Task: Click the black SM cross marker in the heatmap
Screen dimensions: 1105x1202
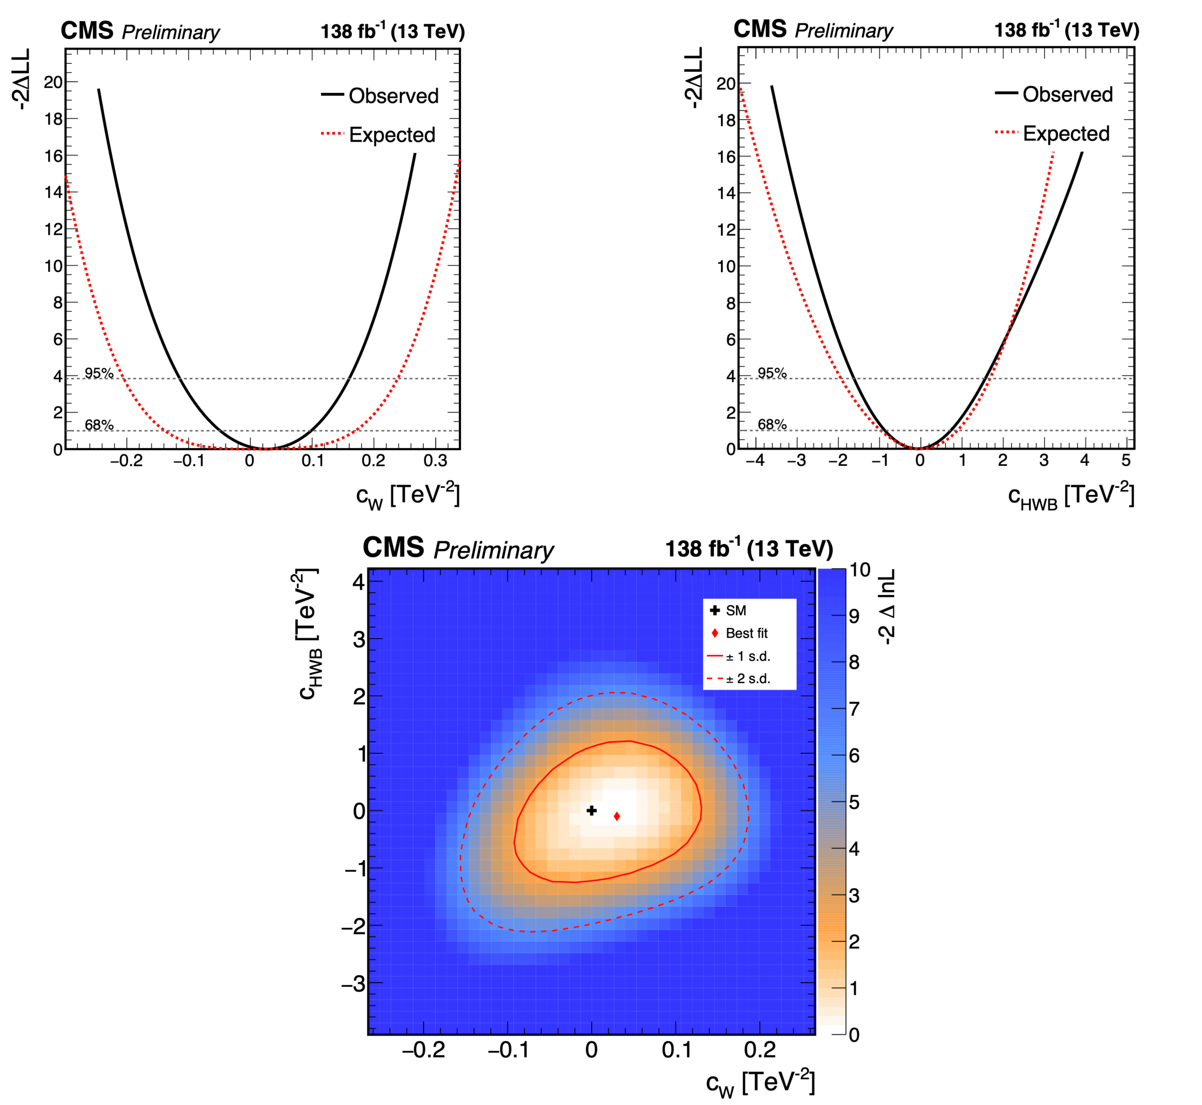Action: pyautogui.click(x=591, y=810)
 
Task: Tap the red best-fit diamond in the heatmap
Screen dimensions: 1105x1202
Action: pyautogui.click(x=617, y=816)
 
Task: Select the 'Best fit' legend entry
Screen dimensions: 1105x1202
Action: pyautogui.click(x=746, y=633)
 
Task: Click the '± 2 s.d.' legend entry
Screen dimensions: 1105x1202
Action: pyautogui.click(x=747, y=679)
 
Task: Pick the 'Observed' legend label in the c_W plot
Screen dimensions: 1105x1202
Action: pyautogui.click(x=393, y=96)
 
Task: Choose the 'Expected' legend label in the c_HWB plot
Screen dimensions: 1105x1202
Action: pyautogui.click(x=1066, y=133)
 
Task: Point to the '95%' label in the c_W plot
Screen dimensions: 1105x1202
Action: pyautogui.click(x=99, y=373)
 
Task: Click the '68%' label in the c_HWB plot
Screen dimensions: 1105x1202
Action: pyautogui.click(x=772, y=425)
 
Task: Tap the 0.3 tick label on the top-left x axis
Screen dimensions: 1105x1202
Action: pyautogui.click(x=436, y=461)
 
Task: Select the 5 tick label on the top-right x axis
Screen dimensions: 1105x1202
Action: pyautogui.click(x=1126, y=460)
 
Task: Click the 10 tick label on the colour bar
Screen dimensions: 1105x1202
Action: pyautogui.click(x=860, y=570)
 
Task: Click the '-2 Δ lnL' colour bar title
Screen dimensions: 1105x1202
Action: pyautogui.click(x=886, y=606)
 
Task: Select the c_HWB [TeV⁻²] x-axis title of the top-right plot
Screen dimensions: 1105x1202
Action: pyautogui.click(x=1071, y=495)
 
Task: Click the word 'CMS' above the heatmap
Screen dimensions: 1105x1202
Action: pyautogui.click(x=393, y=548)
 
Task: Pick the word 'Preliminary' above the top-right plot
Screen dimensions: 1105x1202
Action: pyautogui.click(x=843, y=30)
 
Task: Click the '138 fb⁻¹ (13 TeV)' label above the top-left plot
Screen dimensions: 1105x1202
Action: pyautogui.click(x=392, y=31)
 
